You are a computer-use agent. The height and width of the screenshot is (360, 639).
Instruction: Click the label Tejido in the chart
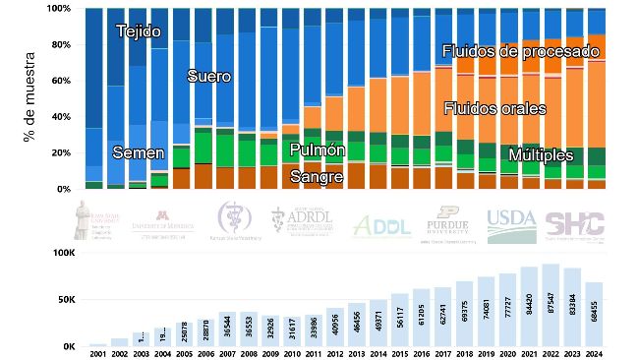[139, 31]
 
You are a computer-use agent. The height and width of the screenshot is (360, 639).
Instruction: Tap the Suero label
[207, 76]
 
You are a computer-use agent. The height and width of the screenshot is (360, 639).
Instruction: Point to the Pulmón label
[318, 150]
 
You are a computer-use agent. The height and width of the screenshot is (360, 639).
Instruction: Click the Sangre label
[317, 176]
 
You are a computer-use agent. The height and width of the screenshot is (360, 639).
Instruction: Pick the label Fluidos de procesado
[520, 50]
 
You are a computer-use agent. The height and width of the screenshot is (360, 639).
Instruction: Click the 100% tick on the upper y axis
[58, 8]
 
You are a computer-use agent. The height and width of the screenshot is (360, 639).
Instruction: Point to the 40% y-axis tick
[61, 117]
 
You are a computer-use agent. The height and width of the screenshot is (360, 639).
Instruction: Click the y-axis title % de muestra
[29, 98]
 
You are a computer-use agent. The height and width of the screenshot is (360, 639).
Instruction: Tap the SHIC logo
[575, 223]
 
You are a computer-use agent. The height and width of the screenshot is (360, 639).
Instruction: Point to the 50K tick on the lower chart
[63, 300]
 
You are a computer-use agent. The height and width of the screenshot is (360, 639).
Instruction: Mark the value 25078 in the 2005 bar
[183, 331]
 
